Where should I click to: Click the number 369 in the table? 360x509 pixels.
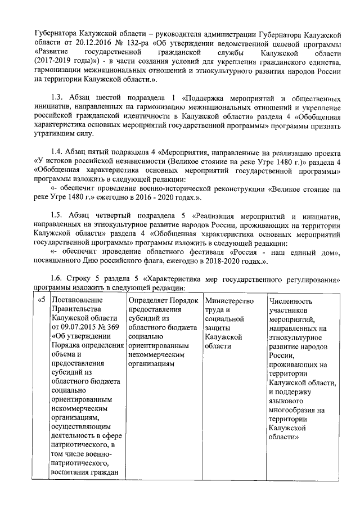pos(111,327)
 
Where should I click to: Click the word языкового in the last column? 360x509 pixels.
pos(288,400)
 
